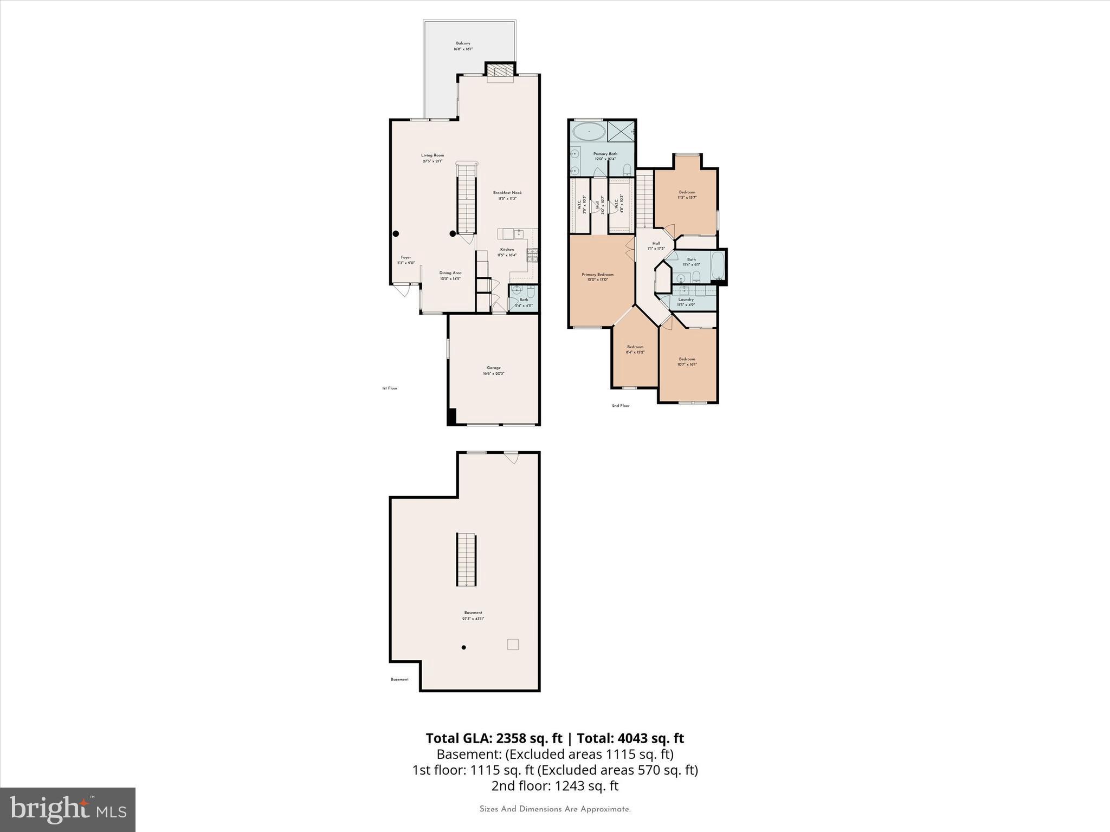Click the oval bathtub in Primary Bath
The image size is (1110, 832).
[x=588, y=132]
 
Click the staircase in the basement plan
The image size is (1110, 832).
[x=466, y=560]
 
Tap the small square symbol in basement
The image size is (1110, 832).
[x=513, y=644]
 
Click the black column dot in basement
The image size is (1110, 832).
[x=464, y=647]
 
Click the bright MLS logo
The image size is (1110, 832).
[x=68, y=809]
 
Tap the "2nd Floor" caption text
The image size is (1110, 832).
[x=621, y=406]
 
